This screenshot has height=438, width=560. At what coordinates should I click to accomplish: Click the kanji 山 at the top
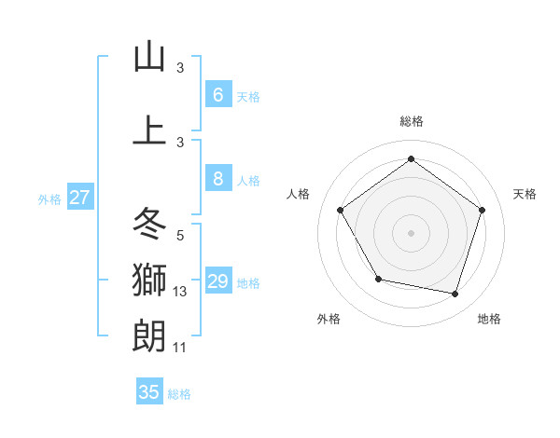click(149, 58)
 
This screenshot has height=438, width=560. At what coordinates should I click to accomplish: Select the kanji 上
click(149, 131)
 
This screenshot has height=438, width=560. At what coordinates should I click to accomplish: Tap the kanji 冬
click(149, 224)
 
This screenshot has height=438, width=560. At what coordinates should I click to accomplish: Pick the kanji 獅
click(149, 279)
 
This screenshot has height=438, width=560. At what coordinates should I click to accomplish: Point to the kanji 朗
click(149, 334)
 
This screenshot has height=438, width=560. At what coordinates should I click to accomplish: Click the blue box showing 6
click(217, 95)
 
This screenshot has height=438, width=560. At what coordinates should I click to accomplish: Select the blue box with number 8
click(217, 179)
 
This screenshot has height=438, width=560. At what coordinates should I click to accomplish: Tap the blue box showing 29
click(217, 281)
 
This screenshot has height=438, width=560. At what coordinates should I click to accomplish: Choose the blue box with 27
click(80, 197)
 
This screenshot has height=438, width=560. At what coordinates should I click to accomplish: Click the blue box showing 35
click(149, 392)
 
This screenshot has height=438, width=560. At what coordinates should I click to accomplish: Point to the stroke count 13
click(180, 292)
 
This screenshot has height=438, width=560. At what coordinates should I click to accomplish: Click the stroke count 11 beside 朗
click(180, 347)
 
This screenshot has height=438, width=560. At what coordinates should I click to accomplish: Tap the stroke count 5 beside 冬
click(180, 236)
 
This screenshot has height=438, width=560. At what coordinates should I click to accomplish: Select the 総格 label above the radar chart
click(411, 121)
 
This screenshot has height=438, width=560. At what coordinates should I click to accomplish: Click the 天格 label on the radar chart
click(525, 194)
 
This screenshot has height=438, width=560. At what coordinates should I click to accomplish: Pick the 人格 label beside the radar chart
click(299, 194)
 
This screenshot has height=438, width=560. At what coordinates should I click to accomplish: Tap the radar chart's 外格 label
click(329, 319)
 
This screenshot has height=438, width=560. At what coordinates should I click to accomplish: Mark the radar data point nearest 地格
click(455, 294)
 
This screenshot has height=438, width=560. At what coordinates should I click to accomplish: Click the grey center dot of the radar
click(411, 232)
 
